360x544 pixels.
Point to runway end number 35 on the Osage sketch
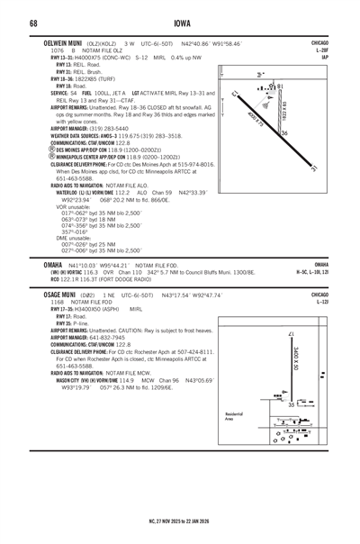(292, 406)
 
